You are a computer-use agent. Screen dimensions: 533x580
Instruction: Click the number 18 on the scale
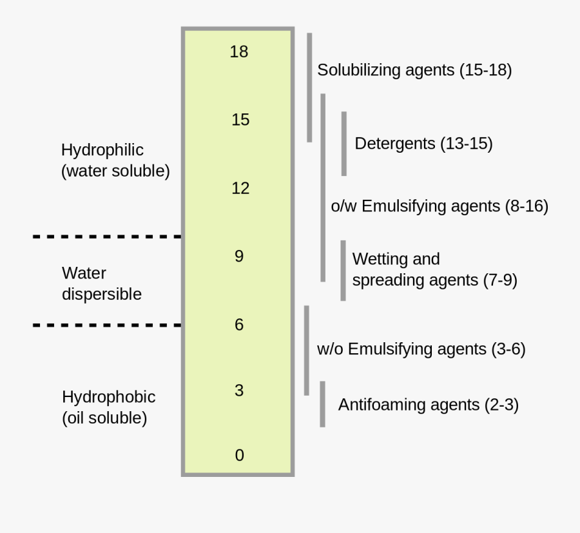coord(238,52)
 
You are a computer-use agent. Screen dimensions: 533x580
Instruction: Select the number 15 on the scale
coord(240,120)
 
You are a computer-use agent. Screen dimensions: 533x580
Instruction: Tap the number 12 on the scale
coord(240,188)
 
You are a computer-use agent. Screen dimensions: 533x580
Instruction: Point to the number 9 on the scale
coord(239,257)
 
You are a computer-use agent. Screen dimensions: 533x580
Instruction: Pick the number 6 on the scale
coord(239,325)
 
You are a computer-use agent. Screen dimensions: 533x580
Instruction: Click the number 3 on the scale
coord(239,391)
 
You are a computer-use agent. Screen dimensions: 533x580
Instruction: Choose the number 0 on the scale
coord(239,456)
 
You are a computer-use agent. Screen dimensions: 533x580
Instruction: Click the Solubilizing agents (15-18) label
coord(414,70)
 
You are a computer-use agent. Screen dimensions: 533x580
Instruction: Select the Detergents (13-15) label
coord(423,144)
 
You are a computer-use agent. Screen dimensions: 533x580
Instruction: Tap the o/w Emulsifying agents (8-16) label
coord(440,206)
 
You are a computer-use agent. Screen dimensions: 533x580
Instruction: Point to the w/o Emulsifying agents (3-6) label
coord(421,349)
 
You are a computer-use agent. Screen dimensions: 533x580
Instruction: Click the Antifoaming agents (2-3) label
coord(429,405)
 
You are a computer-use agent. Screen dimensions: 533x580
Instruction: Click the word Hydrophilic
coord(102,150)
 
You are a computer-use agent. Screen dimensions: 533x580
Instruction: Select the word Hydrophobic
coord(108,396)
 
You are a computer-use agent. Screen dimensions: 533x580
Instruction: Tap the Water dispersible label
coord(101,284)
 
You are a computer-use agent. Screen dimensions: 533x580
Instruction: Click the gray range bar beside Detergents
coord(344,144)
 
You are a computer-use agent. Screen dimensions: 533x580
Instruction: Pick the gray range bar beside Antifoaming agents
coord(322,404)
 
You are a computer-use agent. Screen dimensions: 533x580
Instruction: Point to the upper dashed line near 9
coord(107,237)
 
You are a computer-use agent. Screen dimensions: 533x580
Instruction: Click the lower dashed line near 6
coord(107,325)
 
